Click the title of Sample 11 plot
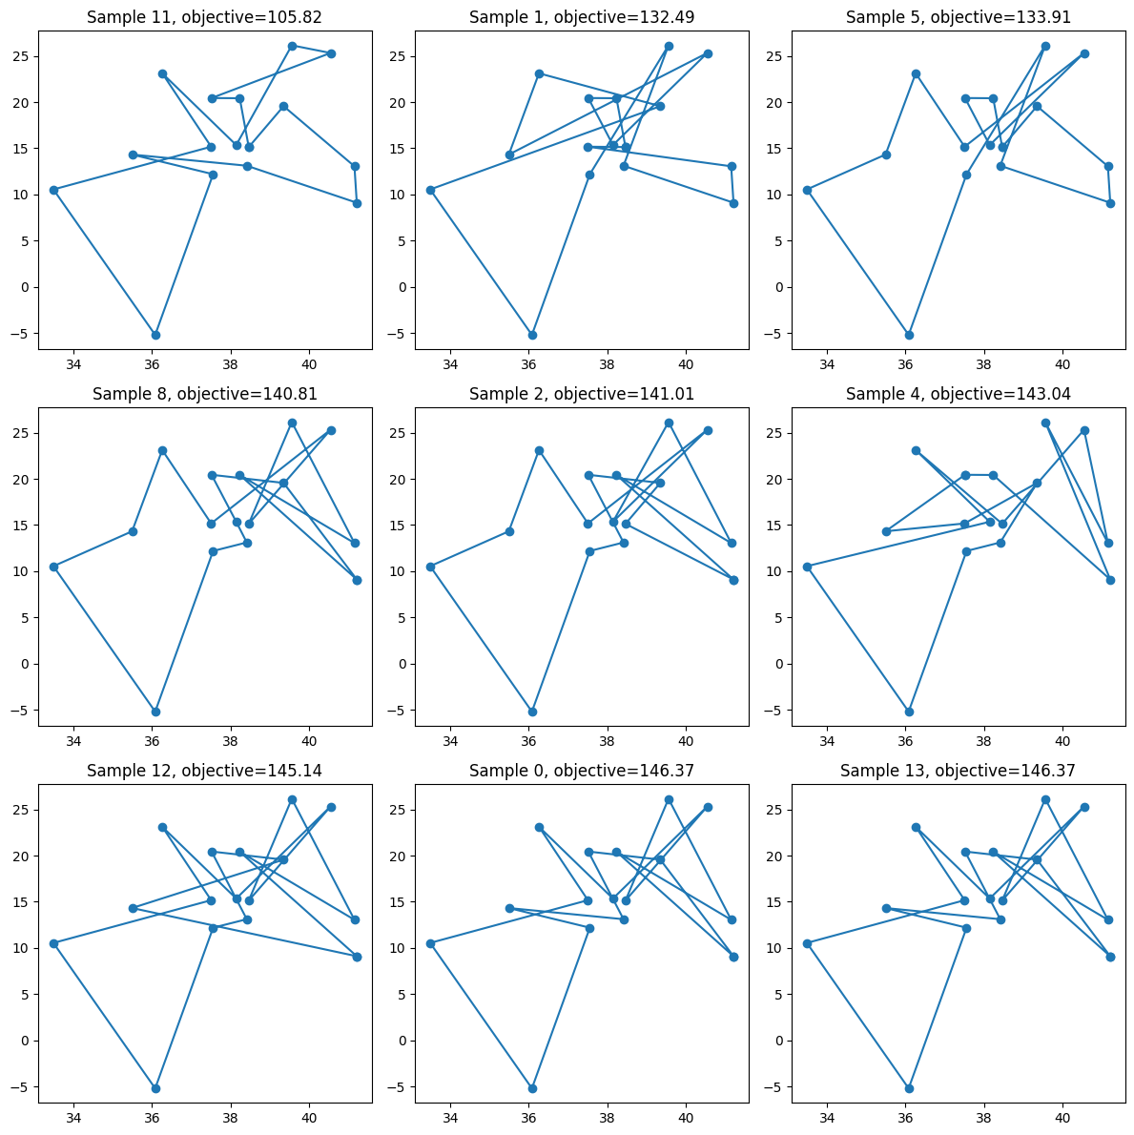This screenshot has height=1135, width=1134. point(205,17)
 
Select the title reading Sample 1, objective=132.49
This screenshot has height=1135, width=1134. point(582,17)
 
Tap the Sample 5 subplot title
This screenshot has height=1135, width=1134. point(959,17)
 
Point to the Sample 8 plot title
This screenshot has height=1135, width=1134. point(205,394)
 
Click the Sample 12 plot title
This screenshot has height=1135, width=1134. point(205,771)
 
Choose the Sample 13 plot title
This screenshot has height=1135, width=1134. point(959,771)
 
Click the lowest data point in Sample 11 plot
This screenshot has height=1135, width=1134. point(155,335)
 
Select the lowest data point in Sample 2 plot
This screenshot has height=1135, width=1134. point(532,712)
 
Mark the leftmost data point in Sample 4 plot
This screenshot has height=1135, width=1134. point(807,567)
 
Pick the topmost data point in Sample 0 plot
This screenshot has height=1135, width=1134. point(669,799)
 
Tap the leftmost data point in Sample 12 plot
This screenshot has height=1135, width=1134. point(53,943)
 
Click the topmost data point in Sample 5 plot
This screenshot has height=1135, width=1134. point(1045,46)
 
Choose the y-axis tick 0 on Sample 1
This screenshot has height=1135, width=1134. point(403,287)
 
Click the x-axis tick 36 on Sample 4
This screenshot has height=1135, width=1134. point(906,736)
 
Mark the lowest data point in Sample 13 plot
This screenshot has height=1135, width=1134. point(909,1088)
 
